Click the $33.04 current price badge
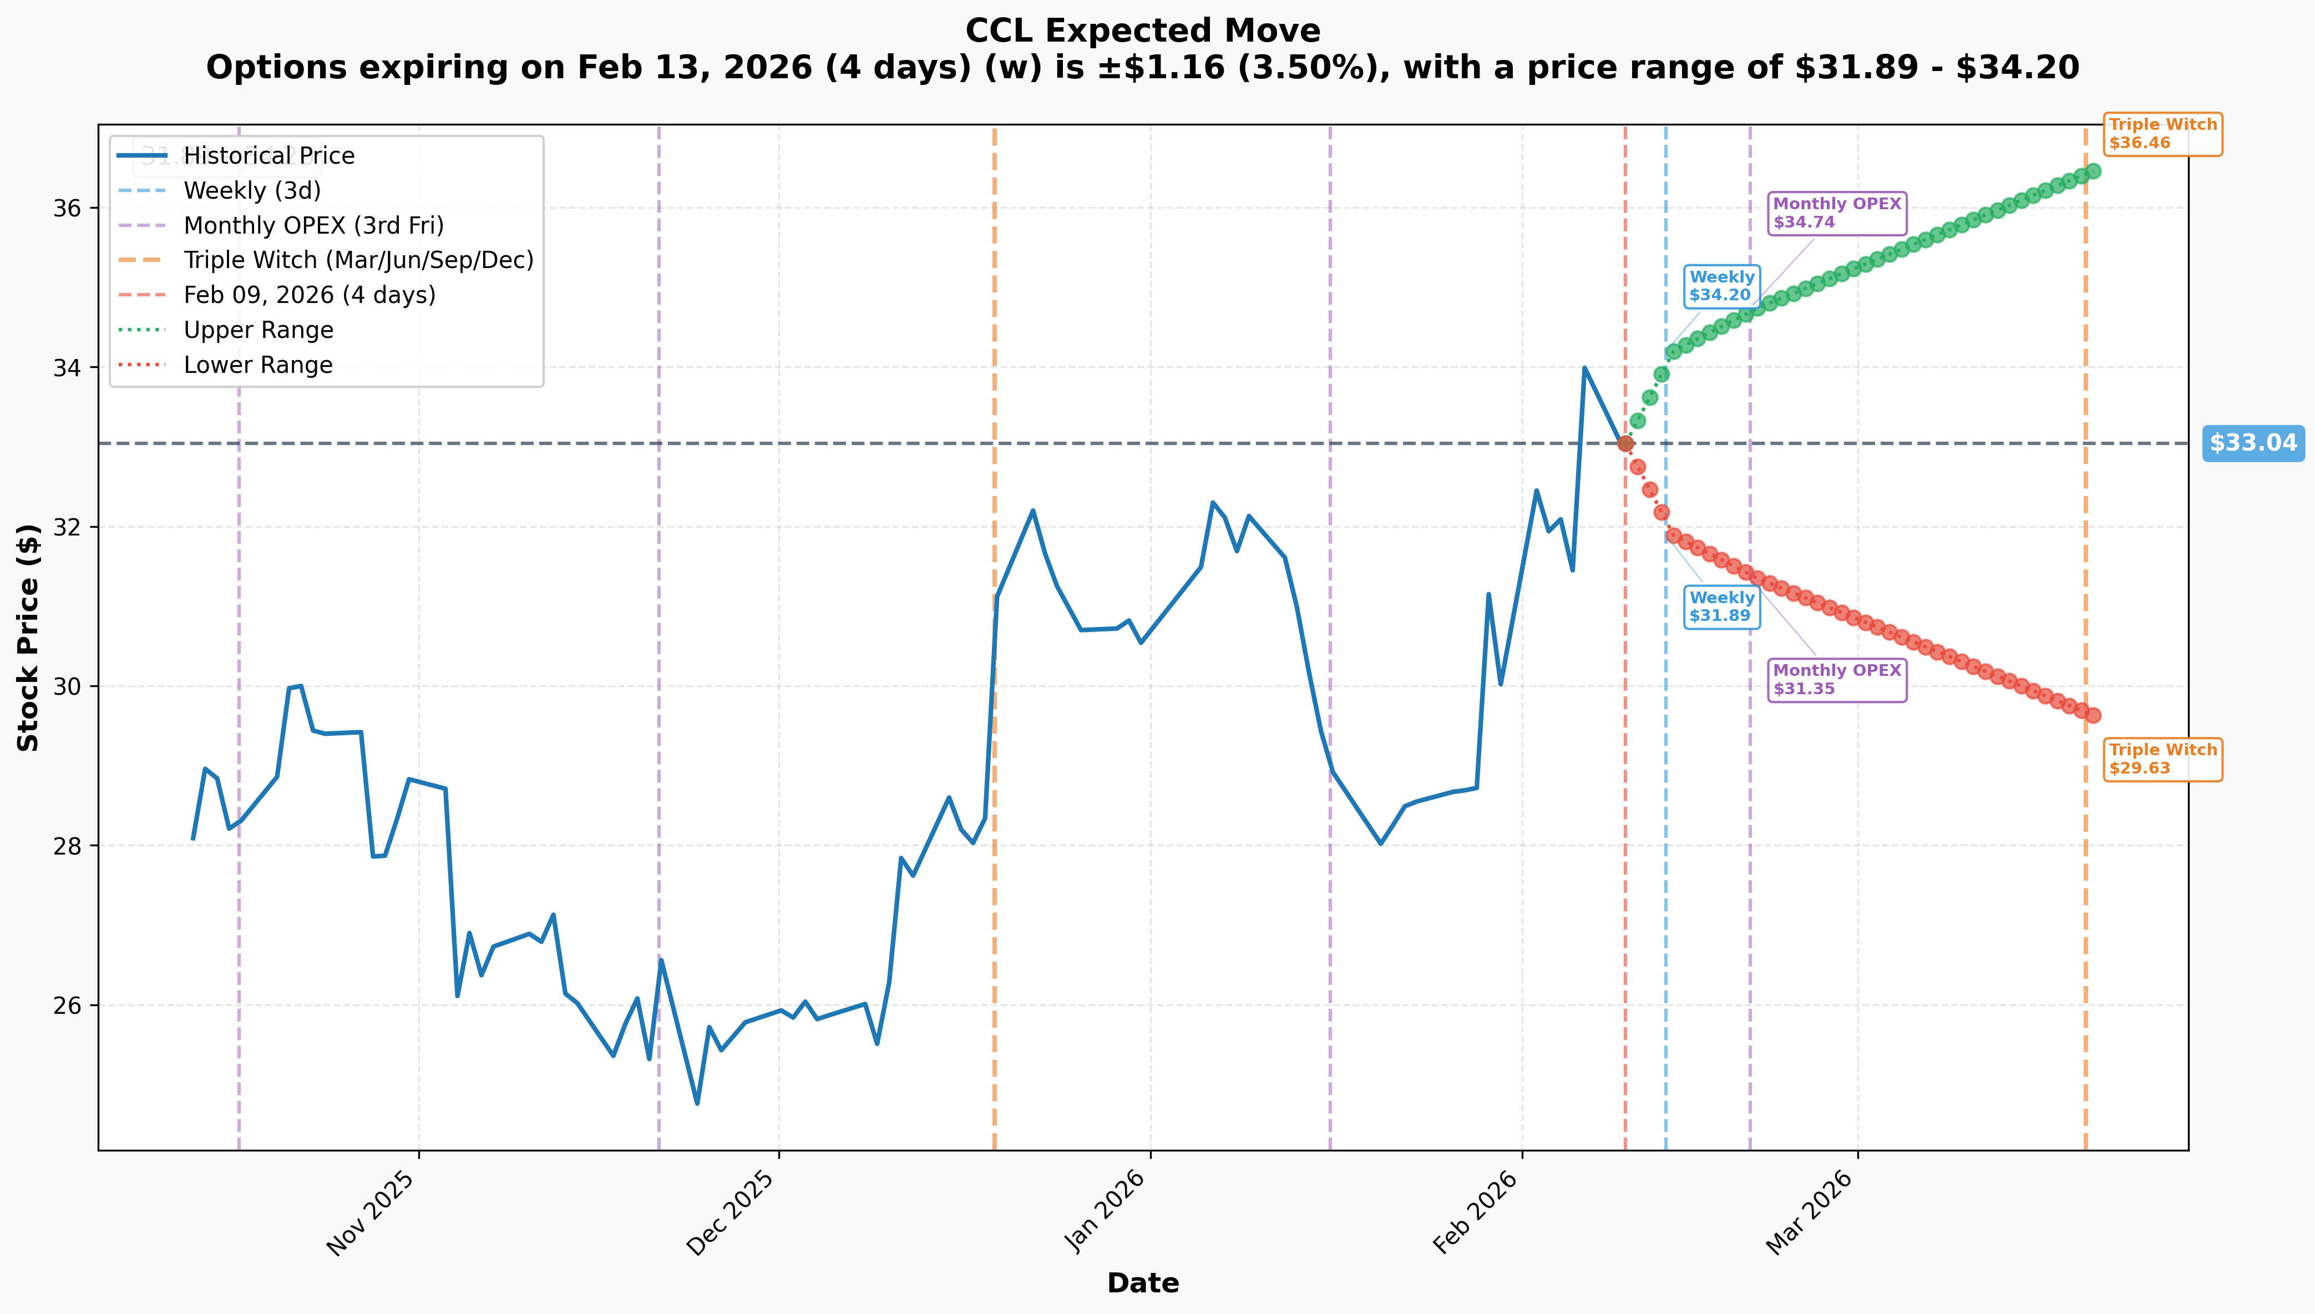click(2253, 443)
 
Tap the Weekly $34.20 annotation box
click(1721, 286)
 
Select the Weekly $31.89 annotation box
click(1721, 607)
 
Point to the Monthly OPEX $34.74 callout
click(1837, 213)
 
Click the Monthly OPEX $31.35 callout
click(1837, 680)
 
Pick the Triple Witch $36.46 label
click(2162, 134)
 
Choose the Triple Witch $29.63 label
click(2162, 759)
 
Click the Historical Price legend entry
click(236, 156)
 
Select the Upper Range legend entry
click(226, 330)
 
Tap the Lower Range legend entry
click(226, 366)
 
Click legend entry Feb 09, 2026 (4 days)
click(277, 295)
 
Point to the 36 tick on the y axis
click(67, 209)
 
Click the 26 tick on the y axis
click(67, 1005)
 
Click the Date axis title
click(1143, 1283)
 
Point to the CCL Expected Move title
click(1143, 31)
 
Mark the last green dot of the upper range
click(2093, 171)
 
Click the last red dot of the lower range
click(2093, 716)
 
